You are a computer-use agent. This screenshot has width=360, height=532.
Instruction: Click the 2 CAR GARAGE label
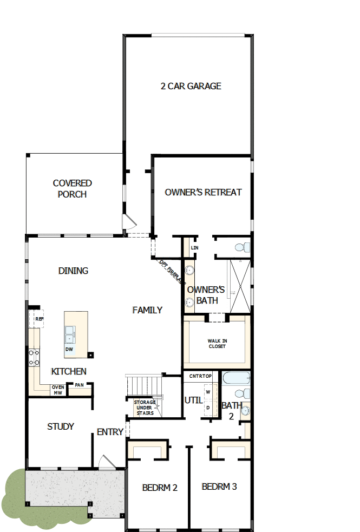tap(191, 86)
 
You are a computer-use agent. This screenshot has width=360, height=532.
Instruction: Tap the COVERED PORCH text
tap(72, 189)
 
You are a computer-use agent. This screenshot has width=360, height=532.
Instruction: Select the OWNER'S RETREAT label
tap(203, 192)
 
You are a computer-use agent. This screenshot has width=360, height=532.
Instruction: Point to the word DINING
tap(73, 271)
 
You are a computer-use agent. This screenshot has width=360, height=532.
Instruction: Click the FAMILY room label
tap(147, 310)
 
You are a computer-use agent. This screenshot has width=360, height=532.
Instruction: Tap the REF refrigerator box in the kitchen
tap(38, 319)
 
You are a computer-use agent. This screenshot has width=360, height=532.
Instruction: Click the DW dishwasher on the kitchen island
tap(69, 350)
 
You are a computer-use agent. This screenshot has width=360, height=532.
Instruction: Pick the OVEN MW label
tap(57, 390)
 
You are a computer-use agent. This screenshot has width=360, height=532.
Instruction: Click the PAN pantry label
tap(79, 385)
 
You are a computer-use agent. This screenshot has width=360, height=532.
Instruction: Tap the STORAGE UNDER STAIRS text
tap(145, 408)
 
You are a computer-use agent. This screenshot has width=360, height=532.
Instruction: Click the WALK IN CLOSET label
tap(217, 344)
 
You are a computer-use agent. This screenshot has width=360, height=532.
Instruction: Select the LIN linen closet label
tap(194, 247)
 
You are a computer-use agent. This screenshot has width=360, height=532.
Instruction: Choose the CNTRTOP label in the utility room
tap(200, 375)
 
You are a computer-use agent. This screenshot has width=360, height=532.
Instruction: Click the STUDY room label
tap(61, 426)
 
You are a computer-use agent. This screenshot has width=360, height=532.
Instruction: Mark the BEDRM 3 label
tap(219, 487)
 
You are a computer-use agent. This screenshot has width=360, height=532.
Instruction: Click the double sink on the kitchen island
tap(70, 334)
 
